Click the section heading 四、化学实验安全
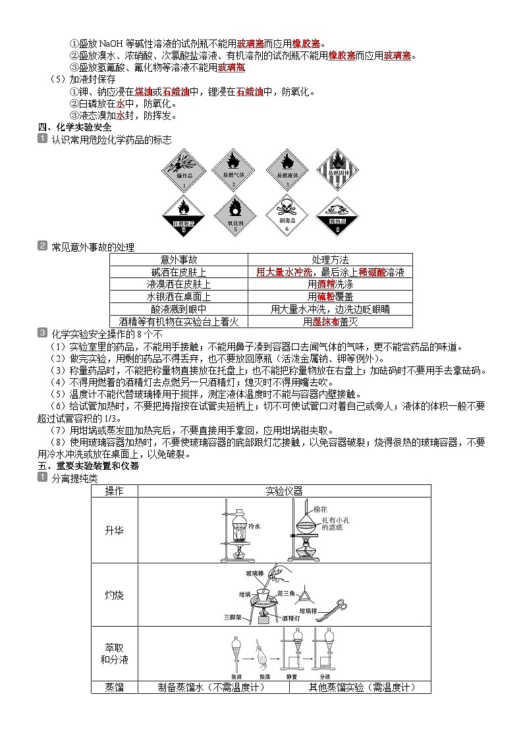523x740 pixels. (x=74, y=127)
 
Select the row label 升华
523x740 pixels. (x=114, y=530)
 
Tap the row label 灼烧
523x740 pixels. (x=114, y=595)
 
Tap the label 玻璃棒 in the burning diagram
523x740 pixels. (x=254, y=573)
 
